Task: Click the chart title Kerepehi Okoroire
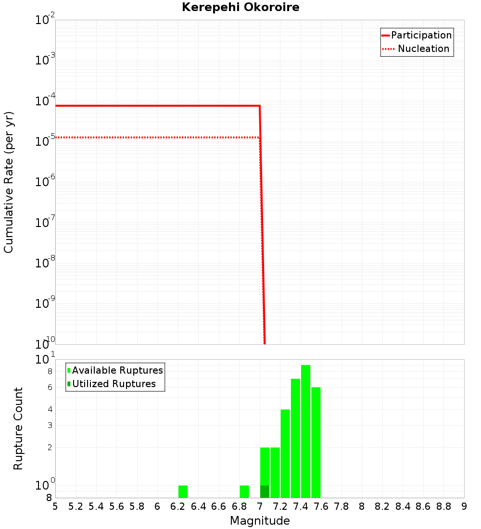click(x=240, y=7)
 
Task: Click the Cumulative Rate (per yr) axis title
click(x=9, y=182)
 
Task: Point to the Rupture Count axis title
click(x=18, y=428)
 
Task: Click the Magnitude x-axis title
click(x=260, y=521)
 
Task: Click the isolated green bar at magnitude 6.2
click(x=183, y=491)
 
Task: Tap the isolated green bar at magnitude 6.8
click(x=244, y=491)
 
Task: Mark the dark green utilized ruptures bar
click(x=265, y=491)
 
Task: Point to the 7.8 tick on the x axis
click(x=342, y=506)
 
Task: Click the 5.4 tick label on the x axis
click(x=96, y=506)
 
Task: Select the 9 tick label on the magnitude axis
click(x=464, y=506)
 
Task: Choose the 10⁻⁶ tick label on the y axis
click(x=45, y=182)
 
